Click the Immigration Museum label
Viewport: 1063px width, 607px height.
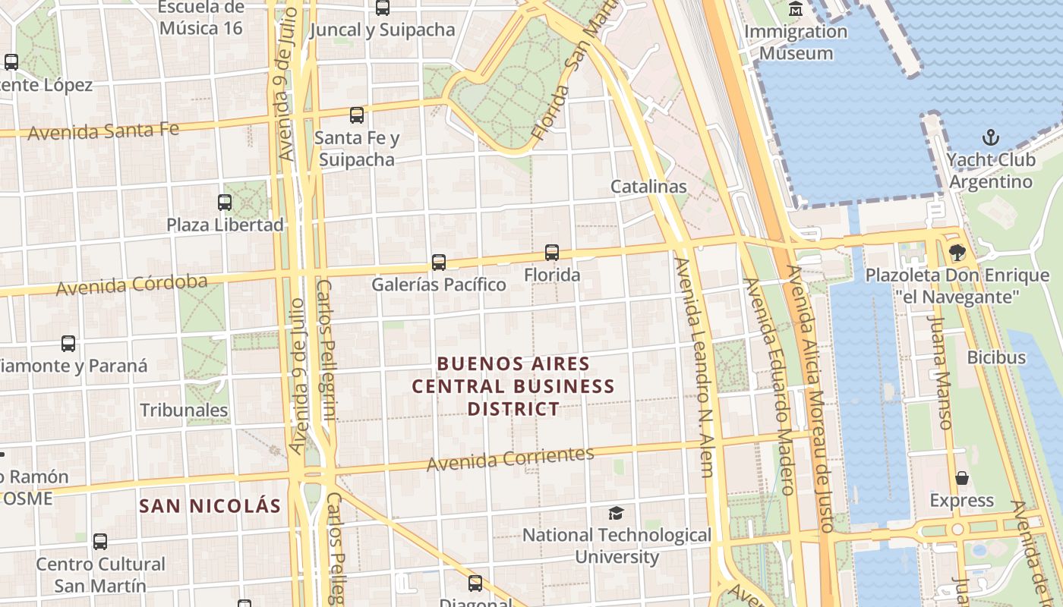point(796,42)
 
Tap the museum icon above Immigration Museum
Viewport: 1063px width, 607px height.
point(796,9)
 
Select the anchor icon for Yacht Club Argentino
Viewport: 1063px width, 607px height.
point(990,137)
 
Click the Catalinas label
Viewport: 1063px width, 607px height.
point(648,187)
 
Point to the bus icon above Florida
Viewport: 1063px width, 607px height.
point(552,253)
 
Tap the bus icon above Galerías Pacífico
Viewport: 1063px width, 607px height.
point(439,263)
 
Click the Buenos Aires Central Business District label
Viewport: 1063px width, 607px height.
point(513,386)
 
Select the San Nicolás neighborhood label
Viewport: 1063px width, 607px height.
point(210,506)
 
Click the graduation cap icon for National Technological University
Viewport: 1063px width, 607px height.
point(616,514)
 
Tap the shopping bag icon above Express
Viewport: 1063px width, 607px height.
point(962,478)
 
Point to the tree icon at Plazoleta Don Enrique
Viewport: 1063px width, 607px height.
point(957,253)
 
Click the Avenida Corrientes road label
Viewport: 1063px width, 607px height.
point(510,458)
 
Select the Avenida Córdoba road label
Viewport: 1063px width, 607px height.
point(131,285)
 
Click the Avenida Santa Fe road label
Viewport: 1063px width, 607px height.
point(103,131)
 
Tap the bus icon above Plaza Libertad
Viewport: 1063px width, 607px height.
point(225,203)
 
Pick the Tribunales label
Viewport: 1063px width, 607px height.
point(184,410)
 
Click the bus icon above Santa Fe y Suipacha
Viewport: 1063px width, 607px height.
point(357,115)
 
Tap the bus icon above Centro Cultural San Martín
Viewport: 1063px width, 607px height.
point(100,542)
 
